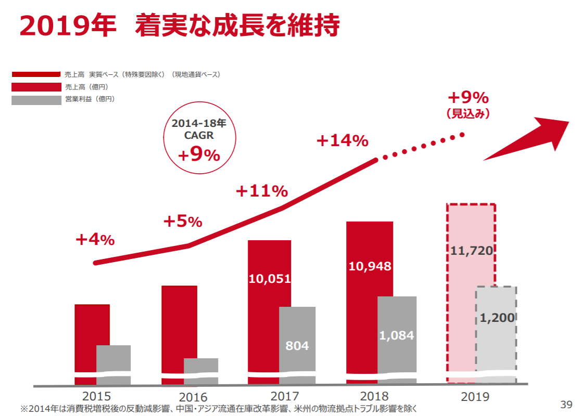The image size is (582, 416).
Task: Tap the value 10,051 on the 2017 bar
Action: point(269,279)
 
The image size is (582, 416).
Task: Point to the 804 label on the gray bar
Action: point(297,345)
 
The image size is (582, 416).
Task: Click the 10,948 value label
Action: point(370,266)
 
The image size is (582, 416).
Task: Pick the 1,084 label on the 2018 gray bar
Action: point(397,335)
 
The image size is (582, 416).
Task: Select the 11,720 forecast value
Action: point(471,251)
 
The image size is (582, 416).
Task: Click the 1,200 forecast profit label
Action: point(497,318)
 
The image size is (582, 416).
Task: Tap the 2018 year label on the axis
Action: point(374,396)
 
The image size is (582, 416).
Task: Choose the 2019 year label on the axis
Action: point(475,397)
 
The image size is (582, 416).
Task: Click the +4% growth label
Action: point(95,240)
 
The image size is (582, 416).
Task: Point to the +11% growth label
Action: point(261,191)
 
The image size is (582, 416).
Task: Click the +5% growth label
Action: point(182,222)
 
